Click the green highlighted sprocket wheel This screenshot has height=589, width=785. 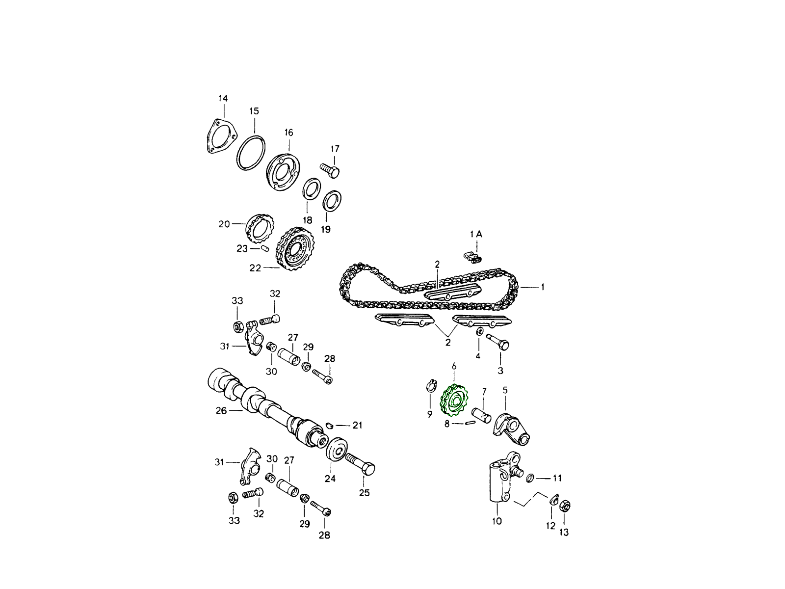454,400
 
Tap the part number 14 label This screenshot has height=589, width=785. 223,98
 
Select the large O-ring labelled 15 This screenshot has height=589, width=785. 251,153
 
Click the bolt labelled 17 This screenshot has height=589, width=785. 329,170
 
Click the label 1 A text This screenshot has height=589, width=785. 476,234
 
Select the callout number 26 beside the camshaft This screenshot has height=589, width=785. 221,410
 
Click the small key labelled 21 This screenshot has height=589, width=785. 329,425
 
